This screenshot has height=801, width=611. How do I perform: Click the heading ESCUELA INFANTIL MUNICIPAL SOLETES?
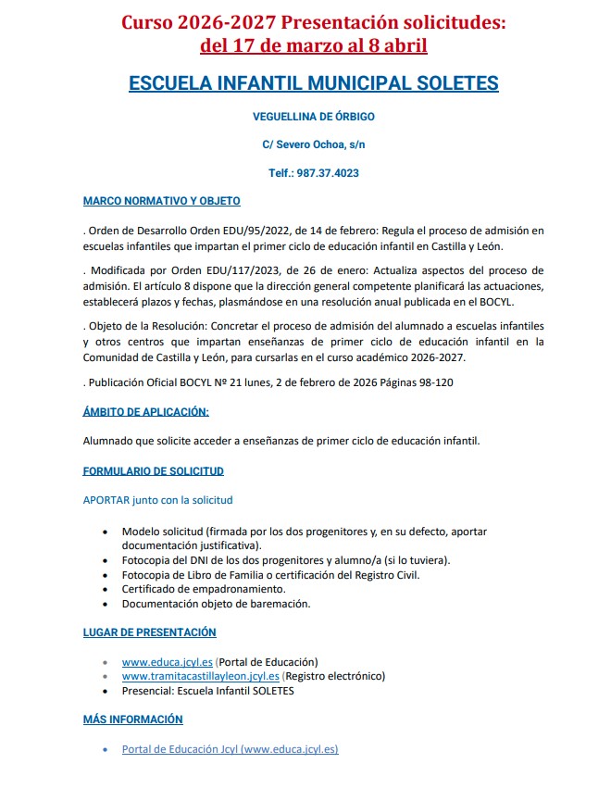point(313,83)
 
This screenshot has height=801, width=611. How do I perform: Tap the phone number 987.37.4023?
point(328,173)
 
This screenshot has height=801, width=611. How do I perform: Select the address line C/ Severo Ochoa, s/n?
point(313,145)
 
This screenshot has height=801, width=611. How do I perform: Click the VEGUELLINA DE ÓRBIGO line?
point(313,117)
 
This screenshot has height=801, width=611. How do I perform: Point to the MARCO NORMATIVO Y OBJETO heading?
point(161,201)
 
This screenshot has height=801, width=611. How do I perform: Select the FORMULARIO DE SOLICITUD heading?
point(153,471)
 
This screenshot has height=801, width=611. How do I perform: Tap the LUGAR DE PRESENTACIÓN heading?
point(149,632)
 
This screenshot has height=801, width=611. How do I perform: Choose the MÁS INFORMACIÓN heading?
point(132,720)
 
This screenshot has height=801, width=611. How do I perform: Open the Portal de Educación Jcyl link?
point(230,749)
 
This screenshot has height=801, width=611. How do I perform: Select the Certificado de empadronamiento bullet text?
point(204,589)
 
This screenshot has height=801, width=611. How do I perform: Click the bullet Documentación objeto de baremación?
point(216,604)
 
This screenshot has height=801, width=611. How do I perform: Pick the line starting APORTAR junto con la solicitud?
point(157,500)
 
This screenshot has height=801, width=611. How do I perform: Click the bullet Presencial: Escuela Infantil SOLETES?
point(207,691)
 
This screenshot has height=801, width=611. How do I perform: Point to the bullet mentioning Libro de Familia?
point(270,575)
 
